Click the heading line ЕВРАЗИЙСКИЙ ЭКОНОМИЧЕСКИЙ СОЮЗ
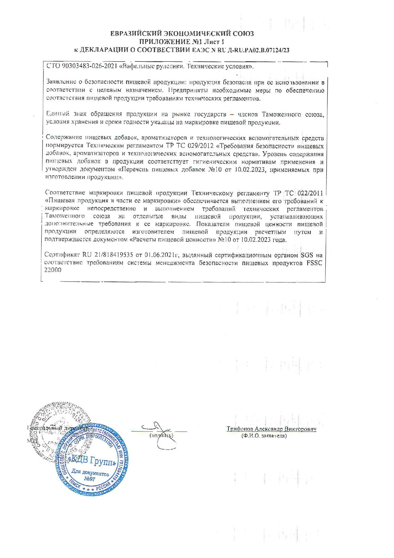point(182,34)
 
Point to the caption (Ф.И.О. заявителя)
point(264,436)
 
